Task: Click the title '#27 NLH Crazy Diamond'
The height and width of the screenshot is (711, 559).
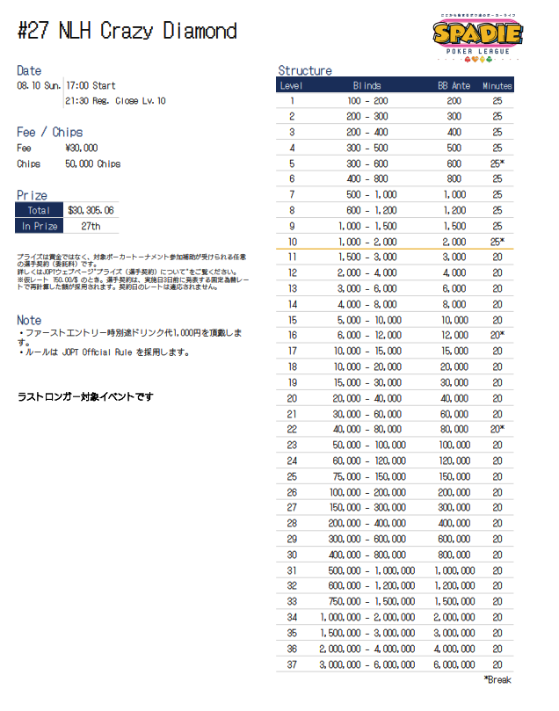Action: coord(127,31)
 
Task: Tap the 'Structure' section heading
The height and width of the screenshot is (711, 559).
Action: coord(304,70)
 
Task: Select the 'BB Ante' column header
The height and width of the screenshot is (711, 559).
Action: coord(454,85)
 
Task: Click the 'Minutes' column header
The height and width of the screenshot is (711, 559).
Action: coord(497,85)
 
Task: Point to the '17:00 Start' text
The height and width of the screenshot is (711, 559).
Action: coord(91,85)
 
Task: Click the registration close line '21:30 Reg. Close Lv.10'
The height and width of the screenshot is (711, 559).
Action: coord(116,101)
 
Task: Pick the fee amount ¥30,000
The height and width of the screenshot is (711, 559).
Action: coord(82,148)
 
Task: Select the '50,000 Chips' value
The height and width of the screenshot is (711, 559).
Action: coord(92,163)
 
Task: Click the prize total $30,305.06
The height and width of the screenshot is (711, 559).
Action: coord(91,210)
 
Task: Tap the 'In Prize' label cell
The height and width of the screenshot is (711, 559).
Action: coord(40,226)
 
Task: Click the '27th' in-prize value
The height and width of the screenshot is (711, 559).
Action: coord(90,226)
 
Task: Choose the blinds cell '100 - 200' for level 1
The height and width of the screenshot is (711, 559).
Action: coord(367,101)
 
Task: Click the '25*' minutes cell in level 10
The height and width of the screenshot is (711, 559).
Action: coord(497,241)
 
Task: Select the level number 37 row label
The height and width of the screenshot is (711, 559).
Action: coord(292,664)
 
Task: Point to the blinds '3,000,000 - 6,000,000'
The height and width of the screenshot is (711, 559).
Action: coord(367,664)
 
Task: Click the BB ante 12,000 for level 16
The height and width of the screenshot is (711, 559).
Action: coord(454,335)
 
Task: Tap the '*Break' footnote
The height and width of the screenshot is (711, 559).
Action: coord(497,679)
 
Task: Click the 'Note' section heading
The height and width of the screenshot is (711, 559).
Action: coord(29,320)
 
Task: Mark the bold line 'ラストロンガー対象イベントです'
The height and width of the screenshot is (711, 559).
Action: coord(85,397)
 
